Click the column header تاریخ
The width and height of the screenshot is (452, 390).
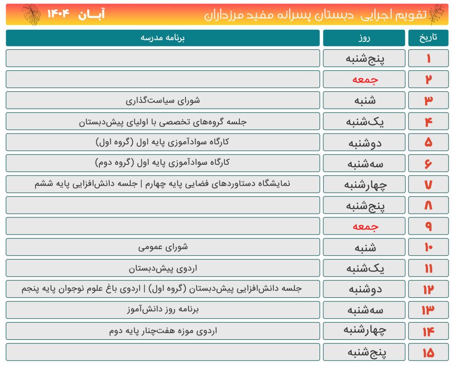pyautogui.click(x=428, y=38)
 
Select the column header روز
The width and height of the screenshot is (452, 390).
pyautogui.click(x=364, y=38)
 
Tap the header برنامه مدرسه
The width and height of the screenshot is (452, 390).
pyautogui.click(x=163, y=38)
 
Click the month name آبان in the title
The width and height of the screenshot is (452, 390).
pyautogui.click(x=91, y=14)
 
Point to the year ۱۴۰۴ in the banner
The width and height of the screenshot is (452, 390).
pyautogui.click(x=59, y=14)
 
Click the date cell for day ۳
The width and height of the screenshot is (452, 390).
pyautogui.click(x=428, y=100)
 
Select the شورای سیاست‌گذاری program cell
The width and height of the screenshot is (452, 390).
pyautogui.click(x=163, y=100)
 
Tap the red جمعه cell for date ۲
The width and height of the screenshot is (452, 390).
pyautogui.click(x=364, y=79)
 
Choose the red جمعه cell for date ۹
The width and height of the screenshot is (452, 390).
pyautogui.click(x=364, y=227)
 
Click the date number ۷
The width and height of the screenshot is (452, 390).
pyautogui.click(x=428, y=185)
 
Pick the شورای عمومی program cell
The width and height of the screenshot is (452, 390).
pyautogui.click(x=163, y=247)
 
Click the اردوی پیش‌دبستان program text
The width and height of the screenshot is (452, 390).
pyautogui.click(x=163, y=268)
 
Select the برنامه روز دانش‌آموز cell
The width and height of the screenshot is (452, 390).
pyautogui.click(x=163, y=310)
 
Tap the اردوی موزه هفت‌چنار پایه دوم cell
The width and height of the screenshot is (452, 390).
pyautogui.click(x=163, y=331)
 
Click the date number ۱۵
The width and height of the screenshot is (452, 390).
pyautogui.click(x=428, y=352)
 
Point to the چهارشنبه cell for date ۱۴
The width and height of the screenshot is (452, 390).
pyautogui.click(x=364, y=331)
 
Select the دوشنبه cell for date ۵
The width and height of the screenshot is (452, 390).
pyautogui.click(x=364, y=143)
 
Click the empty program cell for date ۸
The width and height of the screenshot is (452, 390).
pyautogui.click(x=163, y=205)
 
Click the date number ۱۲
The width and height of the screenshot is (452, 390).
pyautogui.click(x=428, y=290)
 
